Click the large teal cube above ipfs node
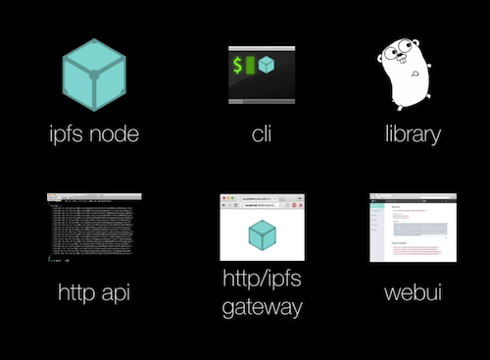(x=93, y=75)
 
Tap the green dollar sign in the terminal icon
(x=237, y=67)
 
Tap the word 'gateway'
(x=261, y=307)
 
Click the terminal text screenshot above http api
(x=92, y=228)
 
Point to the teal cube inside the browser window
(x=261, y=234)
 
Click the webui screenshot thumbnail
(x=412, y=228)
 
